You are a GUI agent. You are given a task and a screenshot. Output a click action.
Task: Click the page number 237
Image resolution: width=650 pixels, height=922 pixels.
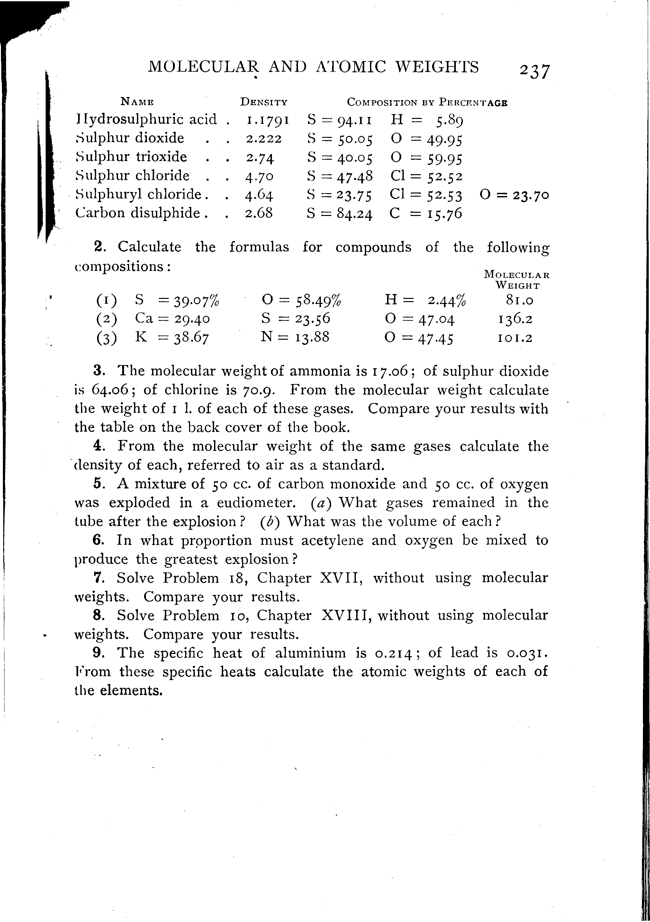pyautogui.click(x=534, y=71)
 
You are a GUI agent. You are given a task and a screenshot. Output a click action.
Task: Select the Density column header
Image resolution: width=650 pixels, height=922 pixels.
pyautogui.click(x=264, y=102)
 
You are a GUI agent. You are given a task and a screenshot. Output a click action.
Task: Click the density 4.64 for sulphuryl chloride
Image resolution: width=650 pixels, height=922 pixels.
pyautogui.click(x=259, y=195)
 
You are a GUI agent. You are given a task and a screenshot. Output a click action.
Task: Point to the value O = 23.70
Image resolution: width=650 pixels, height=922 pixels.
pyautogui.click(x=514, y=195)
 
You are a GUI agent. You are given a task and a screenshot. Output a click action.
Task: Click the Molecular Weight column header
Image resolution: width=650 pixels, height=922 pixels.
pyautogui.click(x=517, y=280)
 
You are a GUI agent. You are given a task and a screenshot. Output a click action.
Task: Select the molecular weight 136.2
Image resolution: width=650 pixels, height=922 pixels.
pyautogui.click(x=515, y=319)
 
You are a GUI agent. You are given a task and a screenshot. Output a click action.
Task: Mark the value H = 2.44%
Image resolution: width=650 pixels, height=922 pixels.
pyautogui.click(x=425, y=300)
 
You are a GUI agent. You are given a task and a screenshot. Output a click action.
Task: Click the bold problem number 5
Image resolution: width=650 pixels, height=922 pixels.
pyautogui.click(x=98, y=483)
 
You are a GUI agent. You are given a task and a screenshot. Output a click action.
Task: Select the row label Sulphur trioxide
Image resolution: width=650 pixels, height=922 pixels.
pyautogui.click(x=131, y=157)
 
